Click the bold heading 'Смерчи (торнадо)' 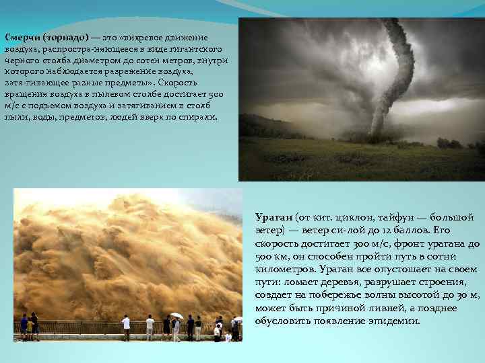[x=46, y=37]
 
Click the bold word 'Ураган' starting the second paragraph [x=273, y=218]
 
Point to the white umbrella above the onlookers [x=176, y=315]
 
